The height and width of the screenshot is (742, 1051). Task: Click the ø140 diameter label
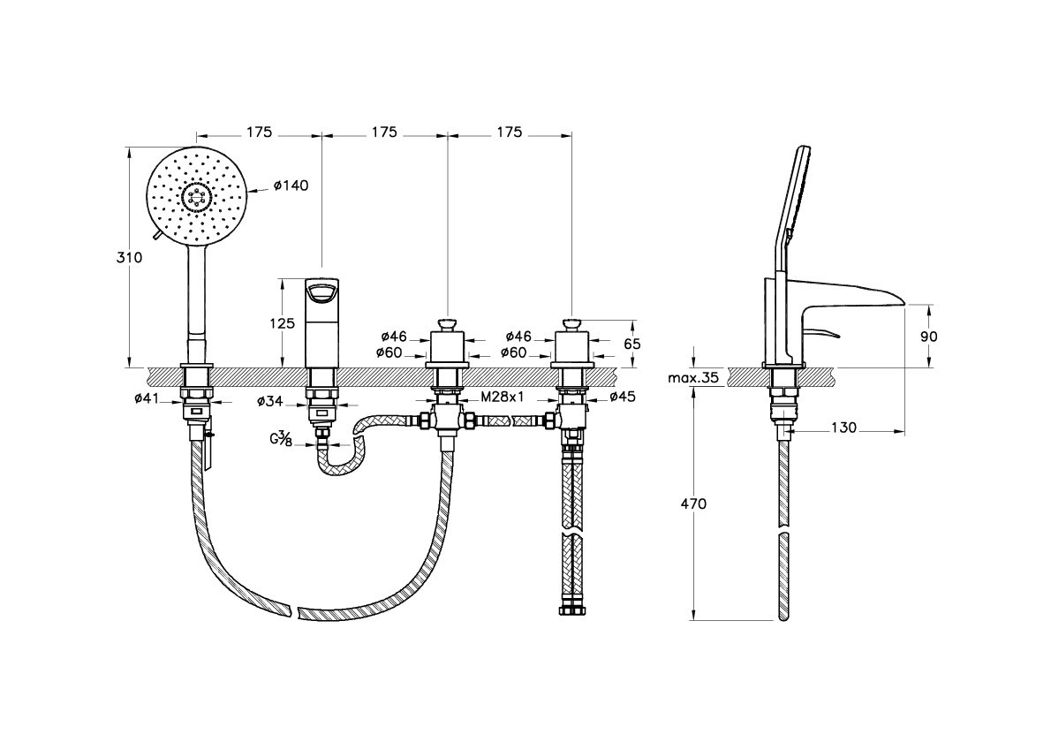291,185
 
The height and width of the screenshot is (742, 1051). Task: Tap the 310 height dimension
129,257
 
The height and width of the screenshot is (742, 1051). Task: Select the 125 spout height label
283,324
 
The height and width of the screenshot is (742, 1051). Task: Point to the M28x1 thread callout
502,397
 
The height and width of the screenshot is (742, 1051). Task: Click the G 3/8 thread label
281,439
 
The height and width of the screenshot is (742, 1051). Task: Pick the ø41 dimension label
147,398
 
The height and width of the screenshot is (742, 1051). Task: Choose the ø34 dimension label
271,402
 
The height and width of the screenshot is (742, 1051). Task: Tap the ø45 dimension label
623,397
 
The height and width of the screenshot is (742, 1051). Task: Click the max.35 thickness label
693,378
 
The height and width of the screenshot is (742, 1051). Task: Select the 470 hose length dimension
693,503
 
